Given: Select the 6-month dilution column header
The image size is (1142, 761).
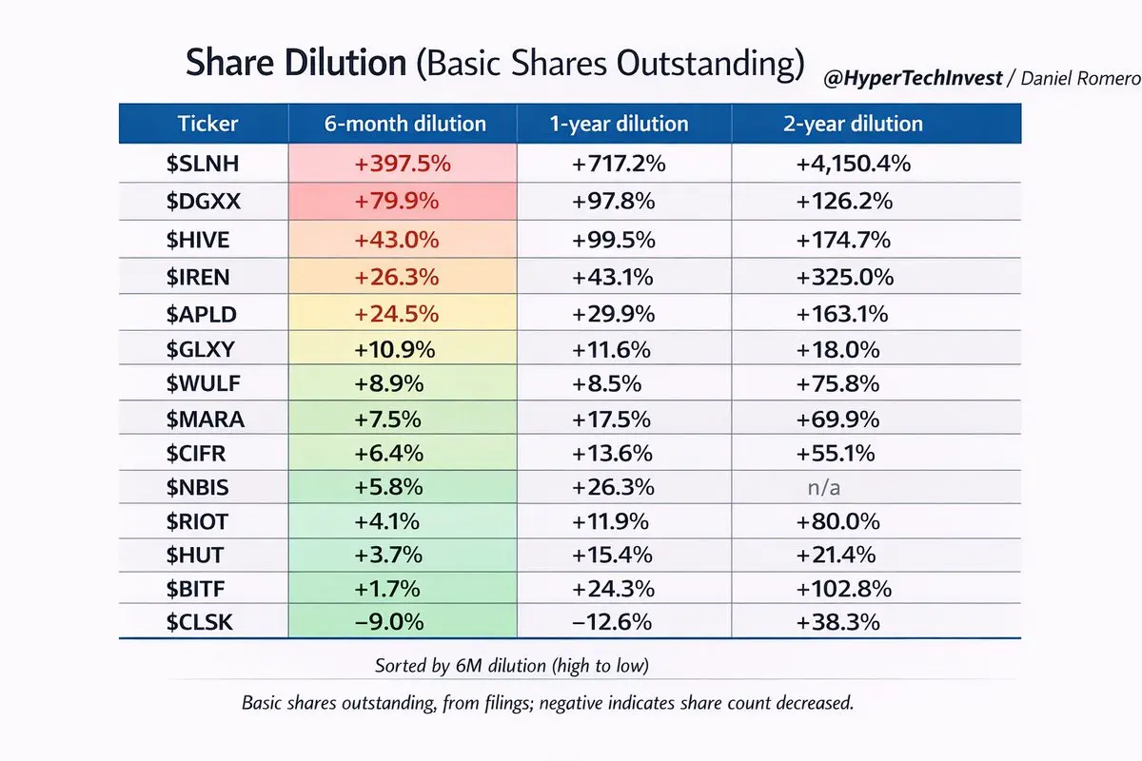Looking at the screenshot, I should click(404, 124).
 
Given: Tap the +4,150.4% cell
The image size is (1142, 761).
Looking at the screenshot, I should click(853, 164).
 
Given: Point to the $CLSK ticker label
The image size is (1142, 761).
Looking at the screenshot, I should click(200, 622).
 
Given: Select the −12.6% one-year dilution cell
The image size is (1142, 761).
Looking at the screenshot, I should click(612, 622).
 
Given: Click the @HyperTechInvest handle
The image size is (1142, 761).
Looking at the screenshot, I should click(913, 79).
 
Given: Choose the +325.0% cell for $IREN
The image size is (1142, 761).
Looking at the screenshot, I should click(846, 277).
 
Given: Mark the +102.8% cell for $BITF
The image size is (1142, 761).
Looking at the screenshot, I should click(846, 590).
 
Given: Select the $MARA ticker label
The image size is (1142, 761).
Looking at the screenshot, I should click(203, 419).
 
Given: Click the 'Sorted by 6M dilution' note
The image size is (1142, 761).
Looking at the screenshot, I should click(513, 665).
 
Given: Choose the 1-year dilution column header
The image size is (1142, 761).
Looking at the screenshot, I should click(618, 124).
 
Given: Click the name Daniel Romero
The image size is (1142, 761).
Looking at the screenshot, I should click(1080, 79).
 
